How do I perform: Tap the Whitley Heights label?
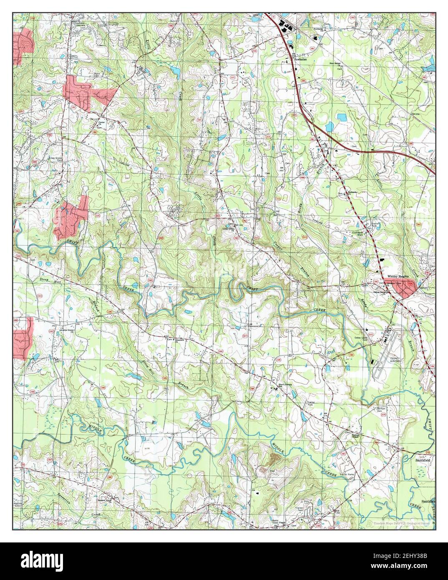coord(398,276)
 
